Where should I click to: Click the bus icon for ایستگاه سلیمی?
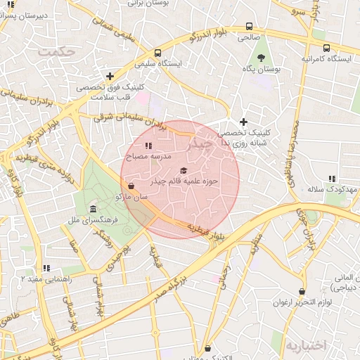point(157,53)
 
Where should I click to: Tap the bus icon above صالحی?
point(249,27)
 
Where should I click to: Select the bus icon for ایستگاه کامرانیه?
point(326,48)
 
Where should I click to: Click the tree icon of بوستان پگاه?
point(262,58)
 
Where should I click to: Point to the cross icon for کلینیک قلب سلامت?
point(110,76)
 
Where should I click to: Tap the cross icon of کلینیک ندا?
point(244,122)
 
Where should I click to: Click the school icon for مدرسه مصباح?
point(148,146)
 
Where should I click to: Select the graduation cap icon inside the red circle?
point(184,171)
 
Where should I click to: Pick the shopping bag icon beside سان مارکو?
point(131,186)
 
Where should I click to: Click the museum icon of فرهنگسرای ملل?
point(94,210)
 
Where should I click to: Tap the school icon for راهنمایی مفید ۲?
point(46,268)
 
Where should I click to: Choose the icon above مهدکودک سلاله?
point(332,179)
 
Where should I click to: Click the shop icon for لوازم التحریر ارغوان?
point(302,292)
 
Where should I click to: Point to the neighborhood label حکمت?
point(57,51)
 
